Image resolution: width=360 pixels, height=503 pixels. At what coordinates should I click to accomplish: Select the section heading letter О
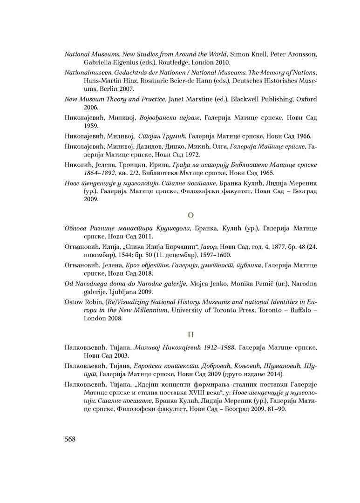(190, 215)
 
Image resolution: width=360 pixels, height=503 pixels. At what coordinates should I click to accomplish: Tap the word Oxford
(306, 99)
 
